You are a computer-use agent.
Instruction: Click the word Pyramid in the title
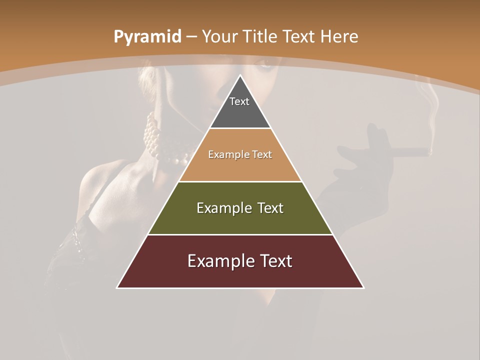(147, 37)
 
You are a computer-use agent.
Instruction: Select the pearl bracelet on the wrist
(160, 145)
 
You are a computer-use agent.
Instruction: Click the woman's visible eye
(265, 64)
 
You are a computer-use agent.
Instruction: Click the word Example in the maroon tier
(218, 261)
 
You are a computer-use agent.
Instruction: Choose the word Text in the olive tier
(267, 208)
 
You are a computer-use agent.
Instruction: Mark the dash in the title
(191, 37)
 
